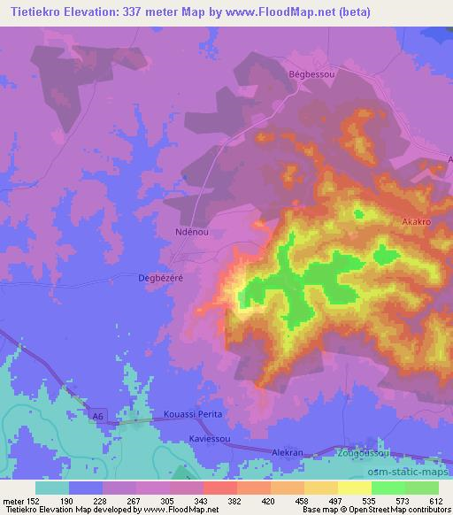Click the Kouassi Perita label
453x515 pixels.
(x=196, y=414)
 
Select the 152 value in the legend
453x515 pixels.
(x=35, y=500)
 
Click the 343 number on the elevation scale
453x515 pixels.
(x=203, y=500)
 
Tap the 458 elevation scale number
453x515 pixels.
(x=304, y=500)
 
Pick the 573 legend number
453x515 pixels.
(x=405, y=500)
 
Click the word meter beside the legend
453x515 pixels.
(x=12, y=500)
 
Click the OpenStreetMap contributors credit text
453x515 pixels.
(x=389, y=510)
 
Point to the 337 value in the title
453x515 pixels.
(x=154, y=12)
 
